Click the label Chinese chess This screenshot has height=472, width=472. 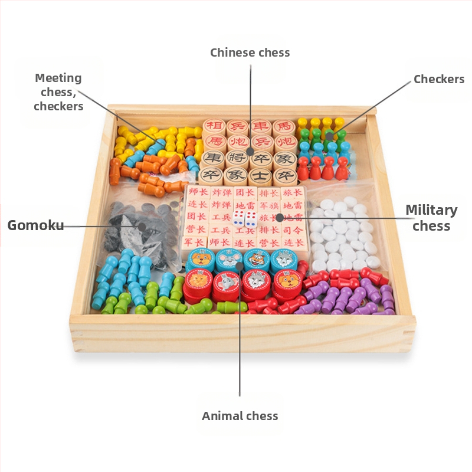click(x=250, y=53)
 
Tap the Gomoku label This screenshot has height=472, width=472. click(x=35, y=225)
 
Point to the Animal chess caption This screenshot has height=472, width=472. click(x=240, y=416)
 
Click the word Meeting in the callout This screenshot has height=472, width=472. click(x=58, y=78)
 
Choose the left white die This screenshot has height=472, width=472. click(x=238, y=219)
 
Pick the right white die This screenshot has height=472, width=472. click(x=251, y=219)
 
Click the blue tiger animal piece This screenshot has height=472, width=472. click(x=257, y=260)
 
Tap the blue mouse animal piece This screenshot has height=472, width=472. click(x=228, y=259)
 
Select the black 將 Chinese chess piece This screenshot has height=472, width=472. click(x=236, y=159)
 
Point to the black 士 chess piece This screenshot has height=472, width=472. click(x=260, y=175)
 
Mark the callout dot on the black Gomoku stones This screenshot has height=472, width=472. click(x=142, y=226)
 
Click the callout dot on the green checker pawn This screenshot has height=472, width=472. click(x=329, y=136)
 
